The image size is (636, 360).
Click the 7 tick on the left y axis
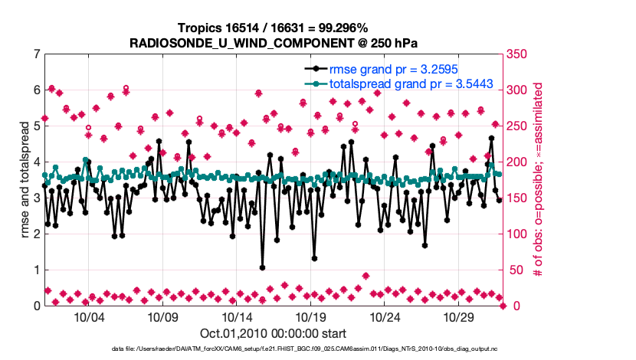point(36,54)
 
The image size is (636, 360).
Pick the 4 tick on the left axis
point(36,162)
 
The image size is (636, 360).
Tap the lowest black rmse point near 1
point(262,268)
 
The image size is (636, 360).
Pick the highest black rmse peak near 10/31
point(491,138)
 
